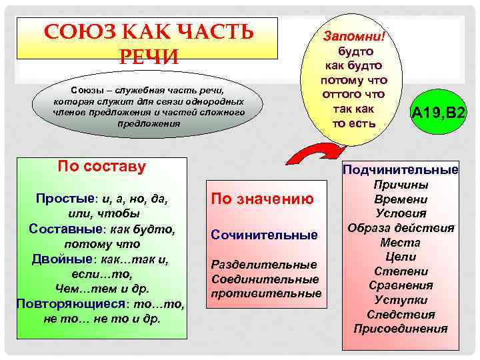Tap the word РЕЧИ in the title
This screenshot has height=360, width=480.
pos(149,57)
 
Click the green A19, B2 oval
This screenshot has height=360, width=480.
pos(438,115)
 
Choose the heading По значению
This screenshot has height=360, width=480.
pos(262,198)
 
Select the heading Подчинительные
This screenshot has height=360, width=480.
pos(401,170)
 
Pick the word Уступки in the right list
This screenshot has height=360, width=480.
pos(401,300)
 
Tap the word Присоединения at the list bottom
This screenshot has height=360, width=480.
pos(401,329)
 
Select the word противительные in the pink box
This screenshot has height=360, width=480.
pos(266,293)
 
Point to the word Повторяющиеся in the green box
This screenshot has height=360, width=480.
pos(61,303)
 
